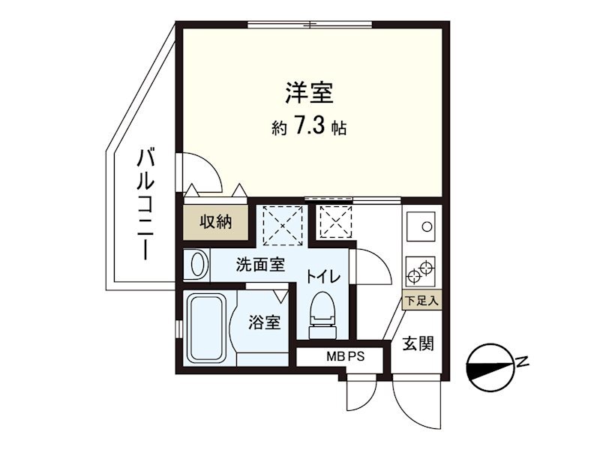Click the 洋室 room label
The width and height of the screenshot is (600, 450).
click(308, 94)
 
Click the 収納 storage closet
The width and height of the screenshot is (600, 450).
click(214, 222)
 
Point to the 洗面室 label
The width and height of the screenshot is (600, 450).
click(260, 264)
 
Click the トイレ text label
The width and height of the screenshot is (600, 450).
click(323, 277)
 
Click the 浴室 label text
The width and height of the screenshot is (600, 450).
click(265, 323)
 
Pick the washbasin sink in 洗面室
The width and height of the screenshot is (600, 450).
click(197, 264)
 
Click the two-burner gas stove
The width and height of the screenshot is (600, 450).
click(421, 268)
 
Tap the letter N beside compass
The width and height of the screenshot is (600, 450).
click(523, 364)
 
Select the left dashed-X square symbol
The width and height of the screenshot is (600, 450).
click(283, 225)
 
